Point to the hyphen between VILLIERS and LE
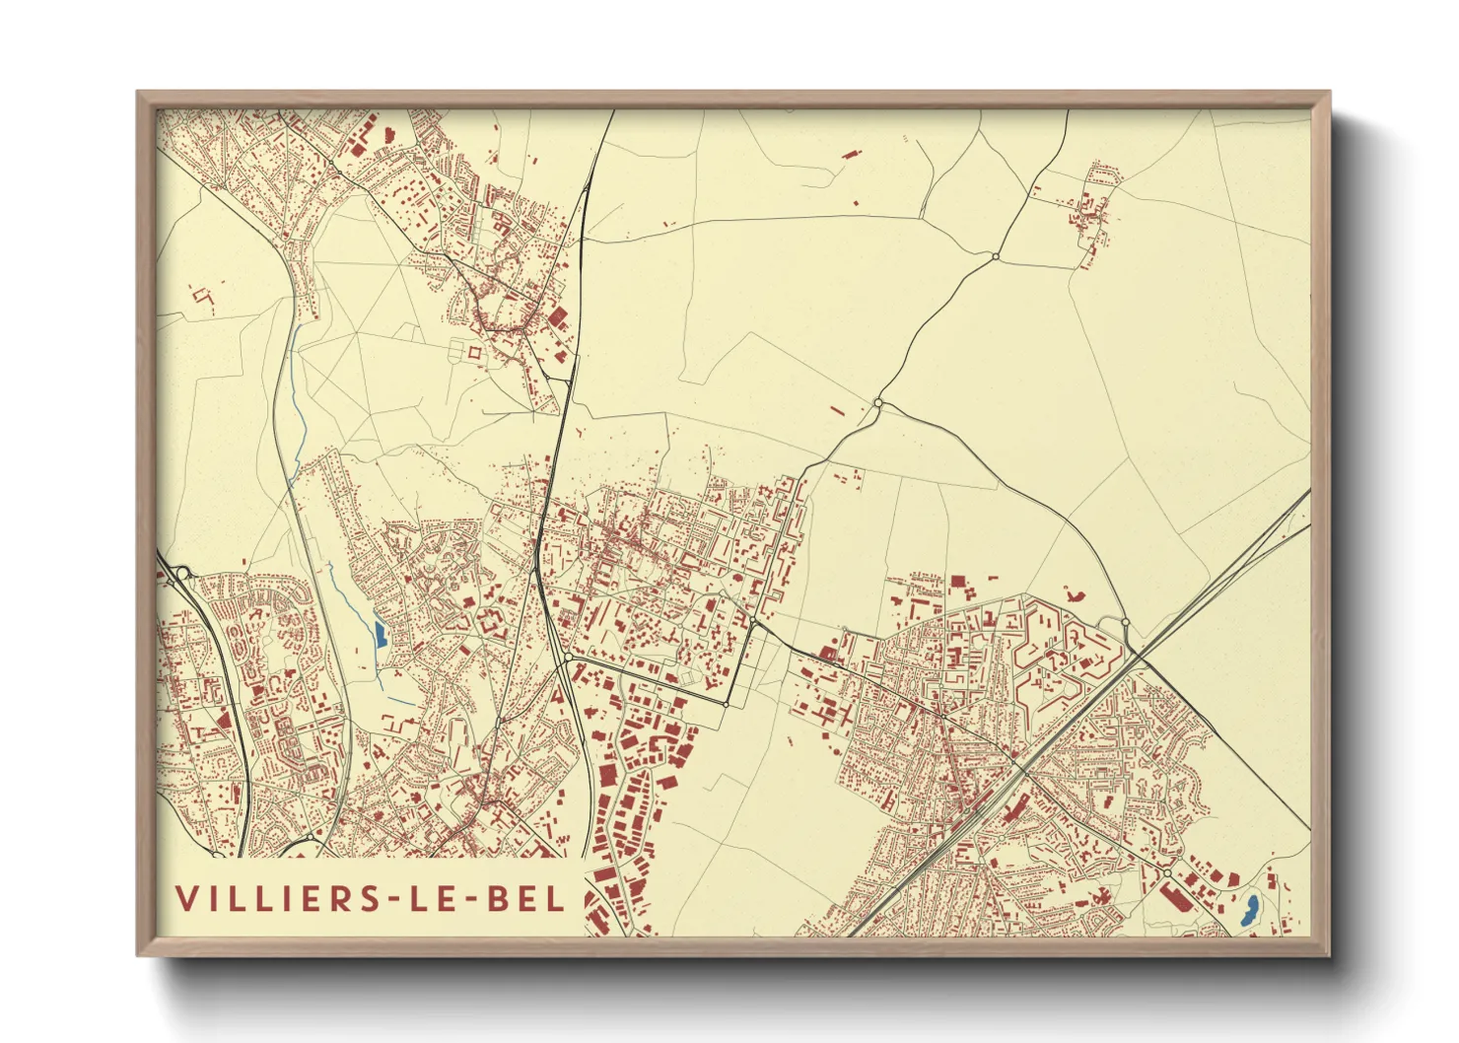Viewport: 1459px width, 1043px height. (x=396, y=899)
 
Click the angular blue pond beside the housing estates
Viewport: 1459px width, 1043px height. (x=380, y=632)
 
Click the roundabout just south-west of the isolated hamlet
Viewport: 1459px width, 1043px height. (x=996, y=256)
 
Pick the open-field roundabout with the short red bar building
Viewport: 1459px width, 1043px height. (x=877, y=403)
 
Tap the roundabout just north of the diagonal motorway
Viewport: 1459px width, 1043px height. (x=1125, y=621)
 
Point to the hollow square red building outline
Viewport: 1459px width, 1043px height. (x=475, y=351)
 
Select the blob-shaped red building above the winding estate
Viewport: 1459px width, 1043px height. (x=1074, y=593)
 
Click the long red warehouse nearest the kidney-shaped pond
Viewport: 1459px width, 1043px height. (x=1173, y=897)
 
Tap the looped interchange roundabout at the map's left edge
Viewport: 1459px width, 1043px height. (x=182, y=573)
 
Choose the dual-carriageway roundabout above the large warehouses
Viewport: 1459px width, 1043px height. (x=569, y=657)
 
